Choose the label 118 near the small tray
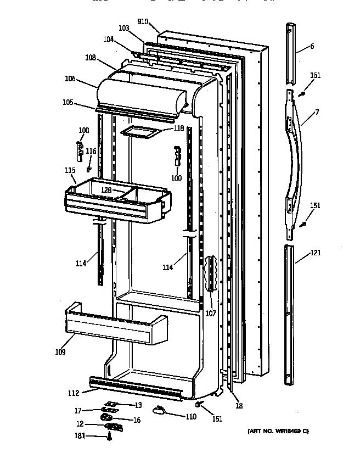[179, 128]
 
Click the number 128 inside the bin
[105, 190]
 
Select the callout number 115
[70, 171]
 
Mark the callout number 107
[211, 314]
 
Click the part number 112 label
[73, 393]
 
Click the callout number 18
[239, 406]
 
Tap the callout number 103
[123, 27]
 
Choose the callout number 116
[91, 151]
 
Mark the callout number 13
[138, 405]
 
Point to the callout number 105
[67, 102]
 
